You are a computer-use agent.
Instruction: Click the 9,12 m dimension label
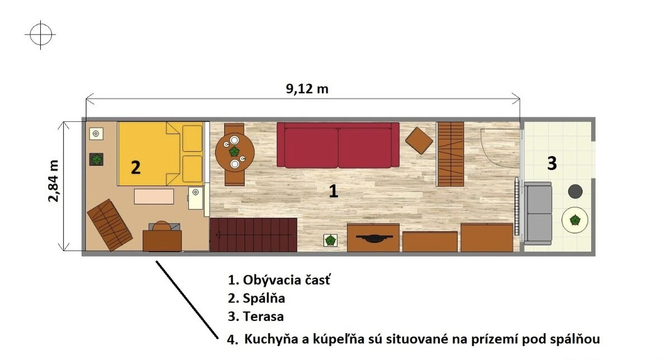(x=307, y=88)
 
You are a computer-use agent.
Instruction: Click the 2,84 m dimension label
(x=54, y=181)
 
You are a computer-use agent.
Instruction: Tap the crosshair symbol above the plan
(x=41, y=35)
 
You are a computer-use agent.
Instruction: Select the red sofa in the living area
(x=338, y=145)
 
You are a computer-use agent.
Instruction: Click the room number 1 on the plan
(x=334, y=191)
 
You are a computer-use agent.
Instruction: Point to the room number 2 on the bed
(x=135, y=167)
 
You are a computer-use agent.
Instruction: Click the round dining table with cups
(x=235, y=152)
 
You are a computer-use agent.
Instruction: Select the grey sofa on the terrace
(x=538, y=214)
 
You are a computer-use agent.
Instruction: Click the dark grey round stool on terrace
(x=575, y=191)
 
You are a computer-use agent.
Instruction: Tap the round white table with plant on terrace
(x=574, y=220)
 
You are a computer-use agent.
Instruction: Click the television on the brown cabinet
(x=373, y=237)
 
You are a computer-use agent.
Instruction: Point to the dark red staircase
(x=253, y=235)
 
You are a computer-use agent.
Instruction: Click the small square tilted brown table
(x=419, y=140)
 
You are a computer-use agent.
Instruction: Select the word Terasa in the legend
(x=263, y=316)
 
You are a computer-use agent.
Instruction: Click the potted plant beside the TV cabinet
(x=330, y=240)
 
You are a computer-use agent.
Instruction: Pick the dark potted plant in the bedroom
(x=97, y=159)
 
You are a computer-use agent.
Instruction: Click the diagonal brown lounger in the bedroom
(x=110, y=225)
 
